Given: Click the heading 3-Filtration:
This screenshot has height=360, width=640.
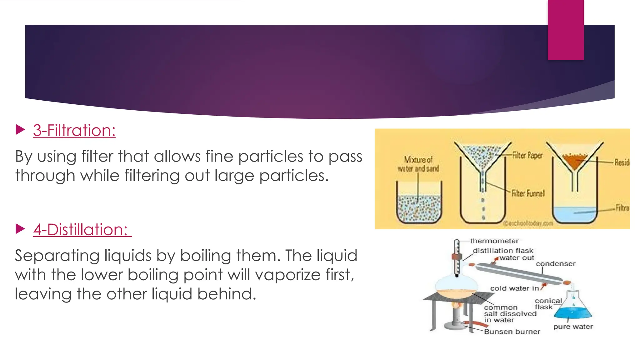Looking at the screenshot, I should (x=74, y=130).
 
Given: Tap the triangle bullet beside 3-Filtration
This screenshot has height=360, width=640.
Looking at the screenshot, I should (x=20, y=130).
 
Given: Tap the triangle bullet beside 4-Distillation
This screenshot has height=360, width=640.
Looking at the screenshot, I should (x=20, y=229).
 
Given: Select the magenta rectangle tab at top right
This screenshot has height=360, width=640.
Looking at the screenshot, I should (x=566, y=30).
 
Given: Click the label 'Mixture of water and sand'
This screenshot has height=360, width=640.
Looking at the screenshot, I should (x=418, y=164).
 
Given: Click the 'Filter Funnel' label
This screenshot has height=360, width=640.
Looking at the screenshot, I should (x=528, y=193).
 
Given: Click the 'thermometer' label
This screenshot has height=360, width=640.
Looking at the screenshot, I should (x=494, y=241).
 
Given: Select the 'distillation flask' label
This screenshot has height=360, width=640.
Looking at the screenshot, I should (x=503, y=251).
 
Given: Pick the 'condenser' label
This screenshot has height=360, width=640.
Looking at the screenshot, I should (x=556, y=264).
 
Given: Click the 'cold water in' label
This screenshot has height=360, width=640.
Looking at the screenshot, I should (x=514, y=288).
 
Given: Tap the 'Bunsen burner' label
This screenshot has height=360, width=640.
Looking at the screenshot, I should (x=512, y=332).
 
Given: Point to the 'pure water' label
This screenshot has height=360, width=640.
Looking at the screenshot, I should (x=573, y=327).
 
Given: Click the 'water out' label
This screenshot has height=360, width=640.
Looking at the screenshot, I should (x=517, y=258).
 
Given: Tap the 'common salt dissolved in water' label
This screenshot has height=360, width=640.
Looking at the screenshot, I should (x=510, y=314).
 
